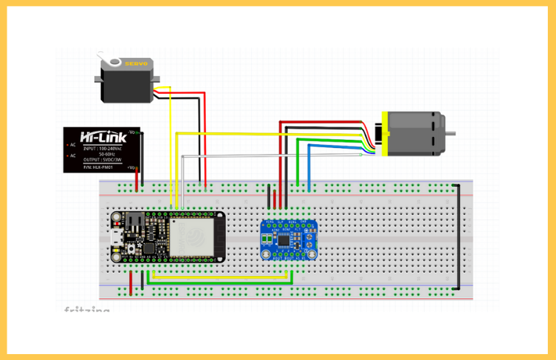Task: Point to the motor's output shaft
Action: point(451,133)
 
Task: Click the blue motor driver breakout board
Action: point(290,240)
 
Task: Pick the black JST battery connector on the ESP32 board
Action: point(135,222)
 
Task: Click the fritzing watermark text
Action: point(86,310)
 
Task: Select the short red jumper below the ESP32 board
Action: point(132,283)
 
